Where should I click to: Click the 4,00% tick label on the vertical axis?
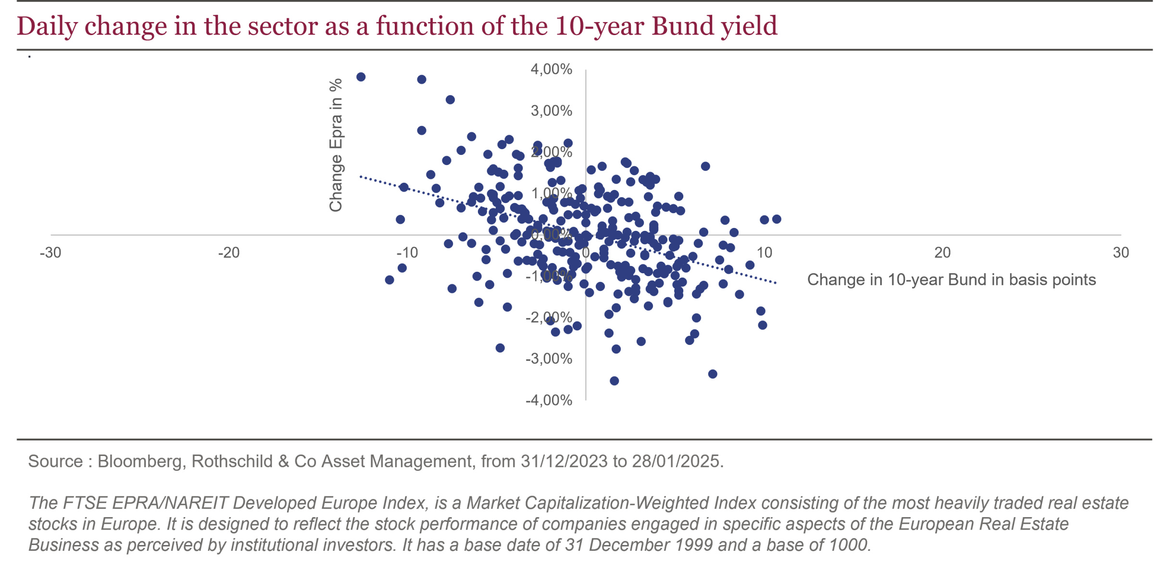click(x=551, y=69)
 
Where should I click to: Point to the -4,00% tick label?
click(x=549, y=400)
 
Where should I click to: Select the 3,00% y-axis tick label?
click(x=551, y=111)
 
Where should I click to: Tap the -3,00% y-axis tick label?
click(x=549, y=359)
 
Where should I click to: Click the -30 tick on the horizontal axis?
click(x=50, y=253)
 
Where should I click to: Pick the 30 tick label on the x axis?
click(x=1121, y=253)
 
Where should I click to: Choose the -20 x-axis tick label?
click(x=229, y=253)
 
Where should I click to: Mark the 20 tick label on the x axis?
click(x=942, y=253)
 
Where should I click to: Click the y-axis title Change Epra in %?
click(x=336, y=145)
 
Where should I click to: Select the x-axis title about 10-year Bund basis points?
click(x=951, y=279)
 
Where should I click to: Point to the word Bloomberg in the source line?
click(x=139, y=461)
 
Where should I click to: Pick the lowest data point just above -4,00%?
click(x=614, y=381)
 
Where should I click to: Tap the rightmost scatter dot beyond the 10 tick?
click(x=777, y=219)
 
